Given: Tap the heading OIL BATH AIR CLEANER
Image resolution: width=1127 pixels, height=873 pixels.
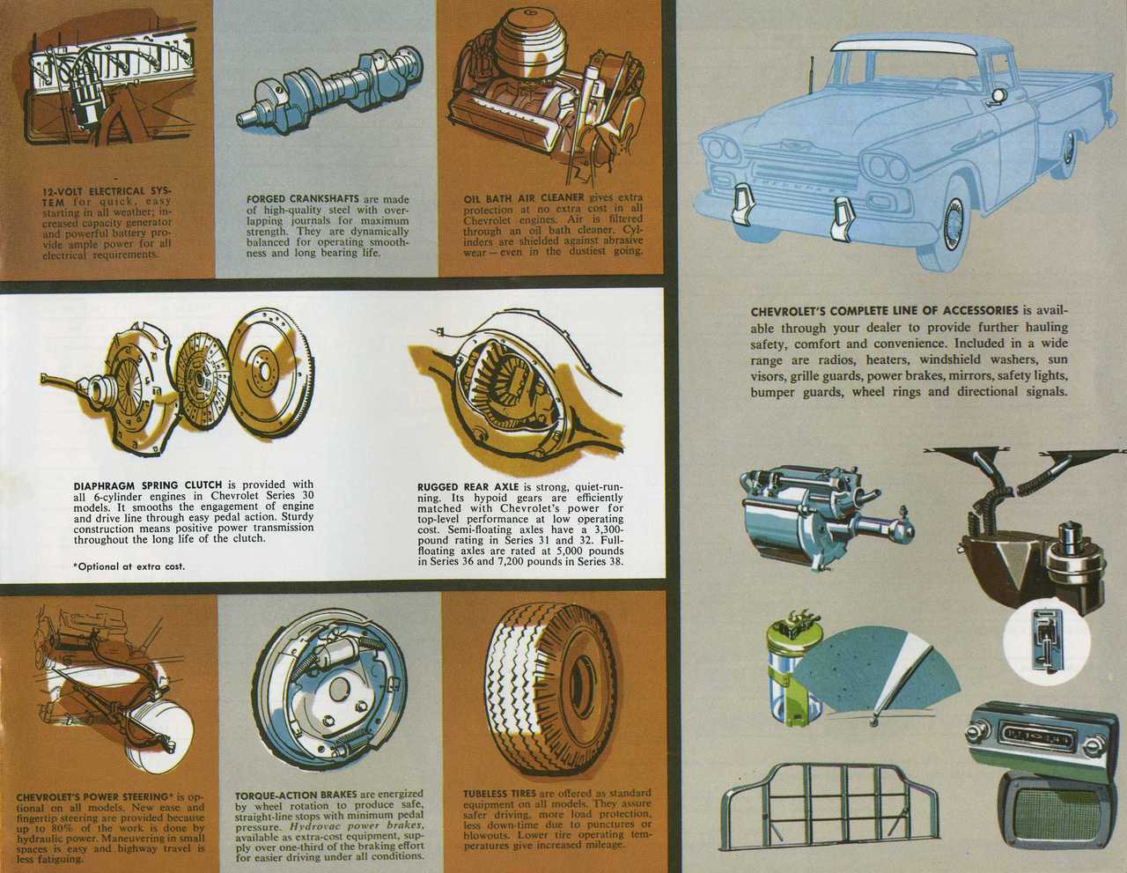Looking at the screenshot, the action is pyautogui.click(x=523, y=197).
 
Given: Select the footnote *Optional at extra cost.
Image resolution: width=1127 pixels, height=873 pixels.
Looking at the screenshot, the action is pyautogui.click(x=129, y=566).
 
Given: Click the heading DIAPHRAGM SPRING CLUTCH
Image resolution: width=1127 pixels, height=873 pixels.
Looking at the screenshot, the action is pyautogui.click(x=148, y=486).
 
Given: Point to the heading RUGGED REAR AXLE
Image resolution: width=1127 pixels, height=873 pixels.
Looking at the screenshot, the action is pyautogui.click(x=468, y=487).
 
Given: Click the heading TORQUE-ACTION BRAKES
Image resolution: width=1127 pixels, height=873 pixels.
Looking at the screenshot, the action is pyautogui.click(x=296, y=795).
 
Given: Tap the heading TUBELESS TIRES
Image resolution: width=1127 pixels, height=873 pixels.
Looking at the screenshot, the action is pyautogui.click(x=500, y=794).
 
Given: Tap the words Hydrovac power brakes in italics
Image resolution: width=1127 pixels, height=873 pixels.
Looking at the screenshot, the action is pyautogui.click(x=357, y=825).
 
